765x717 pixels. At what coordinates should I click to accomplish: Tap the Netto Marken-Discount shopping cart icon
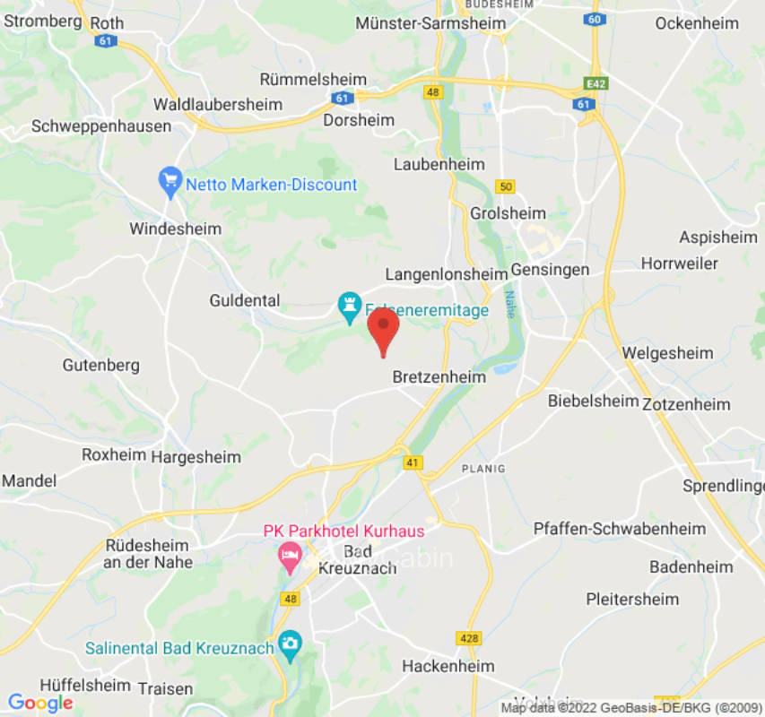coord(170,184)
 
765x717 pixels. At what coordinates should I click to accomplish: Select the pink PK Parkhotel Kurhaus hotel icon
coord(290,557)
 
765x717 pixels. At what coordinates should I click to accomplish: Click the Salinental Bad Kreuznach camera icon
coord(290,643)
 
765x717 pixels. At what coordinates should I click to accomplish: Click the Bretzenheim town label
coord(439,377)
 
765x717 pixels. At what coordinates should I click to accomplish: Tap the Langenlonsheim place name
coord(446,274)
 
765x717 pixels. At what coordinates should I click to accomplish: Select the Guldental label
coord(245,300)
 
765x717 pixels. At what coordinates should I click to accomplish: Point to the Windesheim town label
coord(175,229)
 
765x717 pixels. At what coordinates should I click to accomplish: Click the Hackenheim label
coord(448,666)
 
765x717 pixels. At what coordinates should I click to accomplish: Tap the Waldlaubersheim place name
coord(218,104)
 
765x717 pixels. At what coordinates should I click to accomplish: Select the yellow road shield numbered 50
coord(506,186)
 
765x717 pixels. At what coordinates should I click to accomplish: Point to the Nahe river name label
coord(509,304)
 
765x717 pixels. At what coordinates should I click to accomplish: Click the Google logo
coord(40,703)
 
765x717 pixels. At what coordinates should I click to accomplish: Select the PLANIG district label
coord(483,469)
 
